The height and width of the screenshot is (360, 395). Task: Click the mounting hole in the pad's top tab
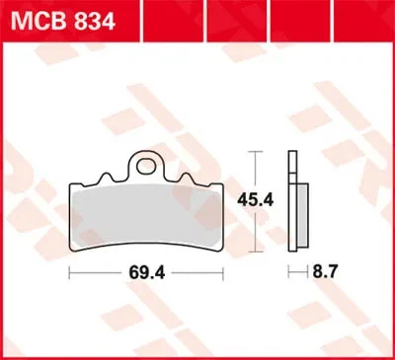click(x=147, y=164)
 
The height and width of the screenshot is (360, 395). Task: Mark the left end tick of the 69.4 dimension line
click(x=69, y=268)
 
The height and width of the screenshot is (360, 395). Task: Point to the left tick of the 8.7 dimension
click(x=287, y=268)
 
